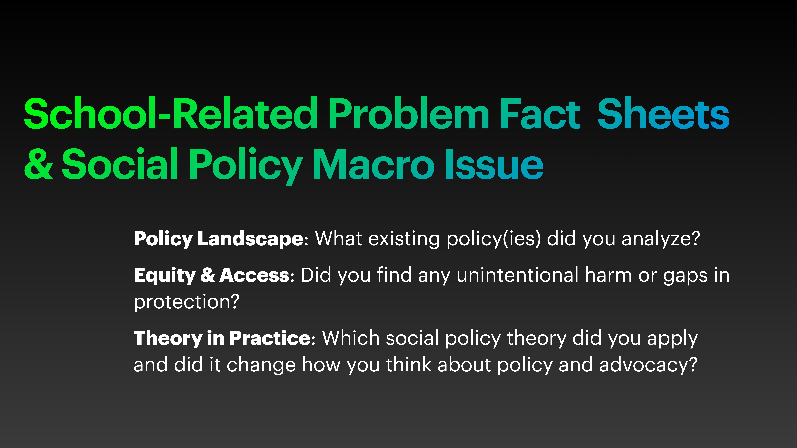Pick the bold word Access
(254, 275)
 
